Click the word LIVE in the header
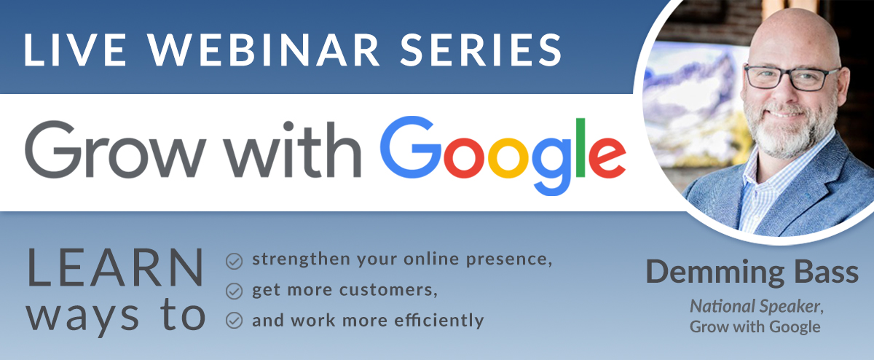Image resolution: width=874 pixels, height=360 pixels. (x=75, y=50)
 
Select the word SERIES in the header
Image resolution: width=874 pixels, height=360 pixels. (x=481, y=50)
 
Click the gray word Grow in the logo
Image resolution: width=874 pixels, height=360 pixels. (x=116, y=149)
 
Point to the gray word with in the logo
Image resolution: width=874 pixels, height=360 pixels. (x=294, y=149)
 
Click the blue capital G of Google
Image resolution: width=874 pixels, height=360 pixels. (x=411, y=147)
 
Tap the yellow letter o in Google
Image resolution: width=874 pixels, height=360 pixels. (x=508, y=157)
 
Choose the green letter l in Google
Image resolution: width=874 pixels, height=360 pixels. (x=580, y=148)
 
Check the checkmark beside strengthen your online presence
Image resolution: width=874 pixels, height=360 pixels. (x=234, y=261)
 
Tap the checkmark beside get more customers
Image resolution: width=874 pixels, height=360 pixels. (x=234, y=291)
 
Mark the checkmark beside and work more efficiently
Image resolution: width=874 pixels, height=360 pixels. (x=234, y=321)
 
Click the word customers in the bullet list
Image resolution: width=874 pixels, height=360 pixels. (x=388, y=290)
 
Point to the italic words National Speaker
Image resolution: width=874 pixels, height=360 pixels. (x=757, y=307)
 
